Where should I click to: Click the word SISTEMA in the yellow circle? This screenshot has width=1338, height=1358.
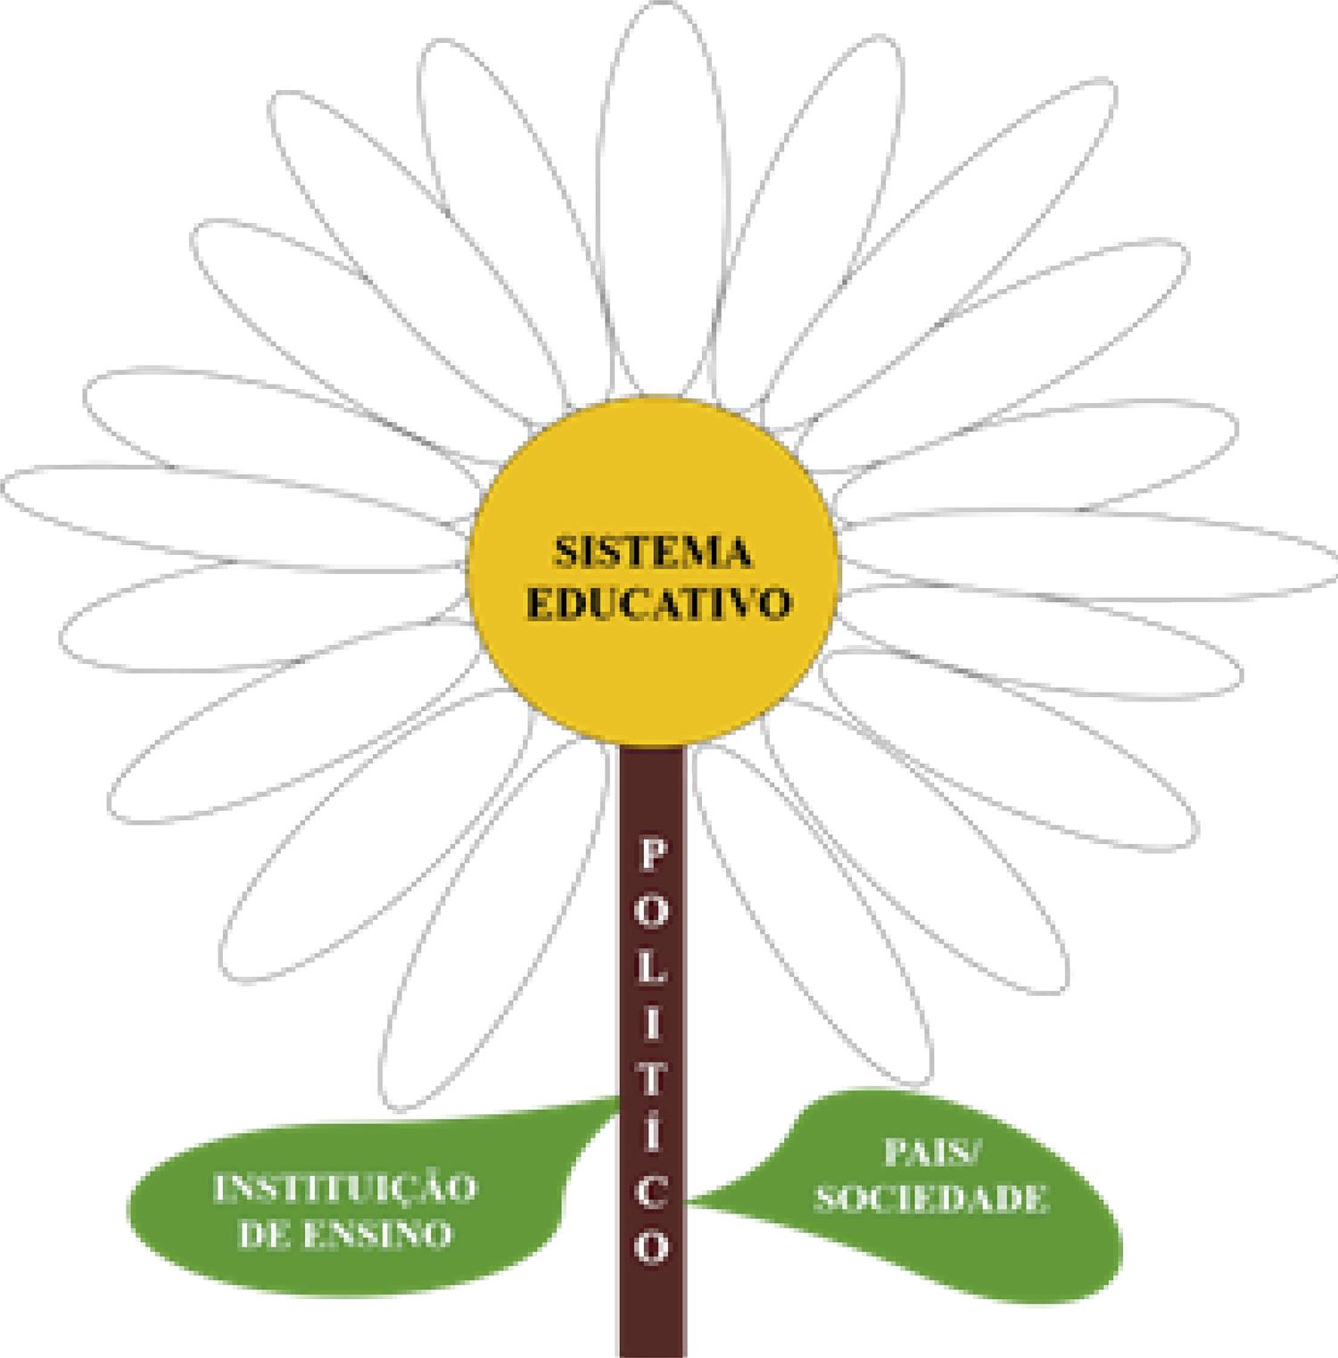pyautogui.click(x=653, y=552)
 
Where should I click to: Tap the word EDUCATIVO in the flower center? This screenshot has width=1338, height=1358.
pyautogui.click(x=658, y=604)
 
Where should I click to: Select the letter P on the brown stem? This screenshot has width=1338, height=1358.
pyautogui.click(x=652, y=857)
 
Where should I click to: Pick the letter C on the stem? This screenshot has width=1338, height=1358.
pyautogui.click(x=652, y=1192)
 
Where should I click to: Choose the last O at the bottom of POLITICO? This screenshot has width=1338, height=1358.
pyautogui.click(x=652, y=1247)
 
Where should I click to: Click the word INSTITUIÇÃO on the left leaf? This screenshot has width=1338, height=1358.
pyautogui.click(x=345, y=1188)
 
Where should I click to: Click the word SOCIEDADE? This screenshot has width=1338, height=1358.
pyautogui.click(x=931, y=1198)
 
